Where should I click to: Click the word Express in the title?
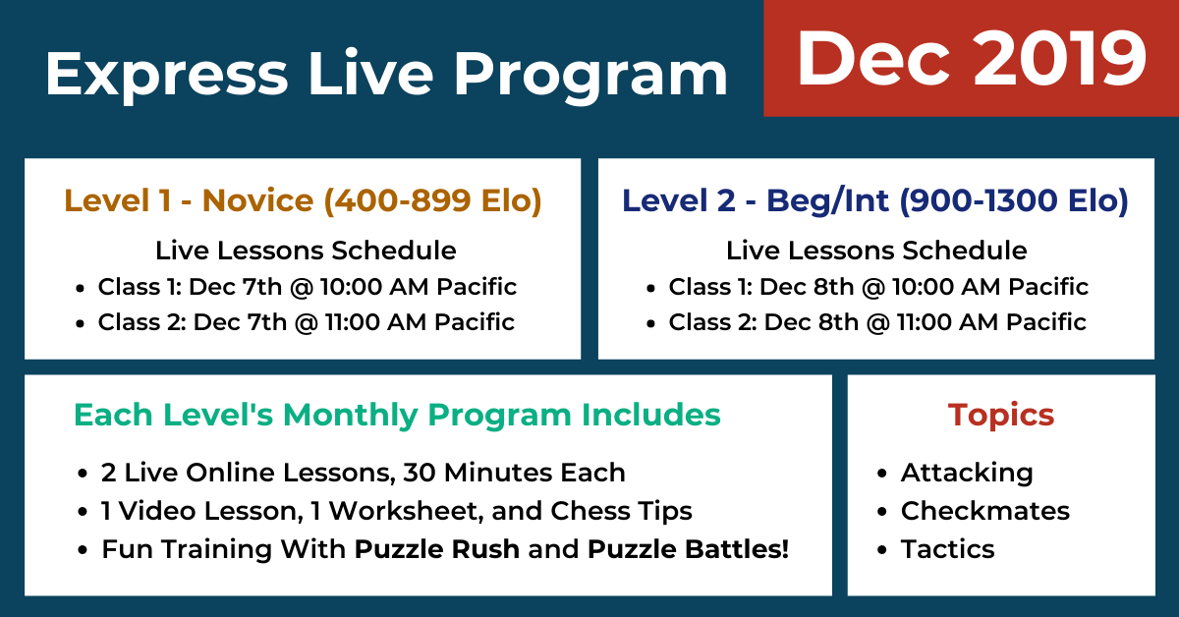coord(167,75)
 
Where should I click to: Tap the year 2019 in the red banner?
coord(1059,58)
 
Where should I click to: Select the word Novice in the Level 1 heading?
coord(257,200)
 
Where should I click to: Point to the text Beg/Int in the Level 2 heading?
coord(827,201)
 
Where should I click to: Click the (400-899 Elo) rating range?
coord(432,201)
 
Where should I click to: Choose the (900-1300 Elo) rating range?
coord(1014,201)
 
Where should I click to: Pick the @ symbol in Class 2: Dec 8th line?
coord(877,322)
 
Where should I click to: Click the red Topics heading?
coord(1001,415)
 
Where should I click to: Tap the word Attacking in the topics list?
coord(967,473)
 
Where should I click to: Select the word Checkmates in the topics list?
coord(985,511)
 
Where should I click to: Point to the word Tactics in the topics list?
coord(948,549)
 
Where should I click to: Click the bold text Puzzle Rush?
coord(437,549)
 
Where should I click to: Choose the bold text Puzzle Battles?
coord(688,549)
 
